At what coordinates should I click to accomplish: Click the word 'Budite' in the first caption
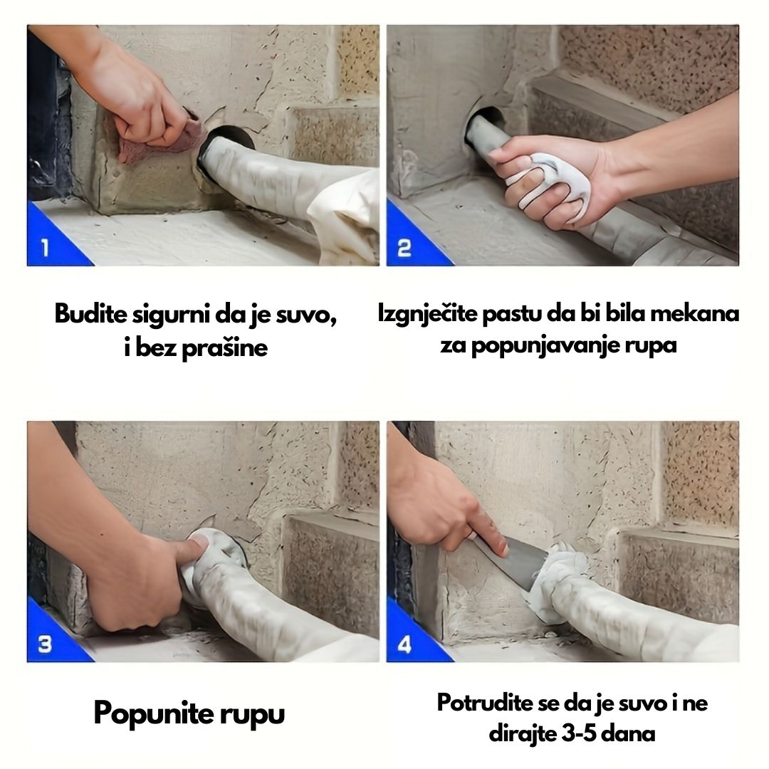91,314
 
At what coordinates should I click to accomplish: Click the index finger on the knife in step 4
486,530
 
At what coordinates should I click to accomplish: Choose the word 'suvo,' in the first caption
305,314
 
